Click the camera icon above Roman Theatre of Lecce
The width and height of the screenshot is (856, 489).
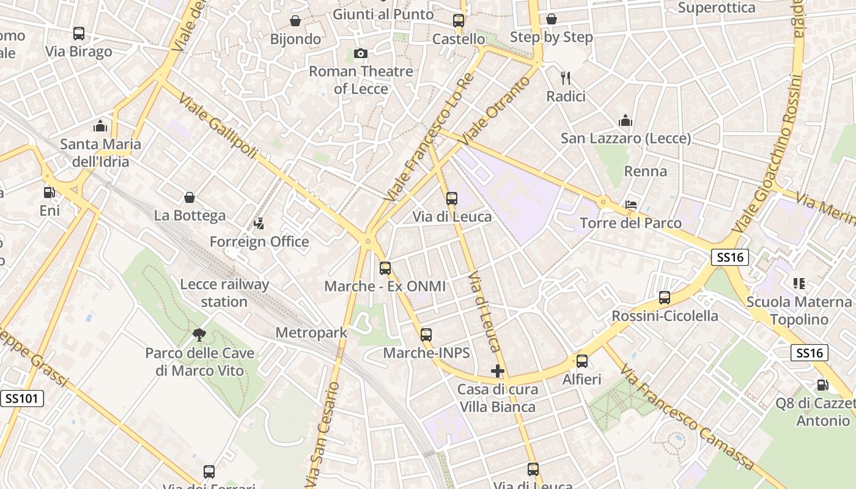(x=361, y=54)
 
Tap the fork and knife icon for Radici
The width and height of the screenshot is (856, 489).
(x=566, y=78)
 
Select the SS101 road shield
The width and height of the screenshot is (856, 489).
(x=22, y=399)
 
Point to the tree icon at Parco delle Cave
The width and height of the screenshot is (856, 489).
(x=199, y=334)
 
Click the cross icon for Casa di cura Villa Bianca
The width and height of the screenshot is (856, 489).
(x=498, y=370)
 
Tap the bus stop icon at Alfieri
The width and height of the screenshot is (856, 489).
(x=582, y=361)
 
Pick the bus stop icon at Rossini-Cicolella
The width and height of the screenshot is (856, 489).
(x=665, y=298)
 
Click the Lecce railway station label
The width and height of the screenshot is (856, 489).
(x=224, y=293)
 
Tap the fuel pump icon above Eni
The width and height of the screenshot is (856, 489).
(x=49, y=192)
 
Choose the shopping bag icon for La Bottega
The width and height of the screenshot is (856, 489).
(x=190, y=197)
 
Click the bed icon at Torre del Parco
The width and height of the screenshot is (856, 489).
(x=631, y=204)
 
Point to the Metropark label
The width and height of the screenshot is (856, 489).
(x=311, y=333)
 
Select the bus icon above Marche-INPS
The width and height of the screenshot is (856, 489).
(x=426, y=334)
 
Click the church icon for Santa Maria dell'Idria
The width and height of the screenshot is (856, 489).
(x=100, y=127)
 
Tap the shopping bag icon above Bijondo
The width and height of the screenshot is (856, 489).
(x=295, y=21)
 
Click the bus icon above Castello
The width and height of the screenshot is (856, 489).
(x=459, y=21)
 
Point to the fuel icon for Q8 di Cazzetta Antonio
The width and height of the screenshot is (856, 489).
(x=822, y=385)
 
